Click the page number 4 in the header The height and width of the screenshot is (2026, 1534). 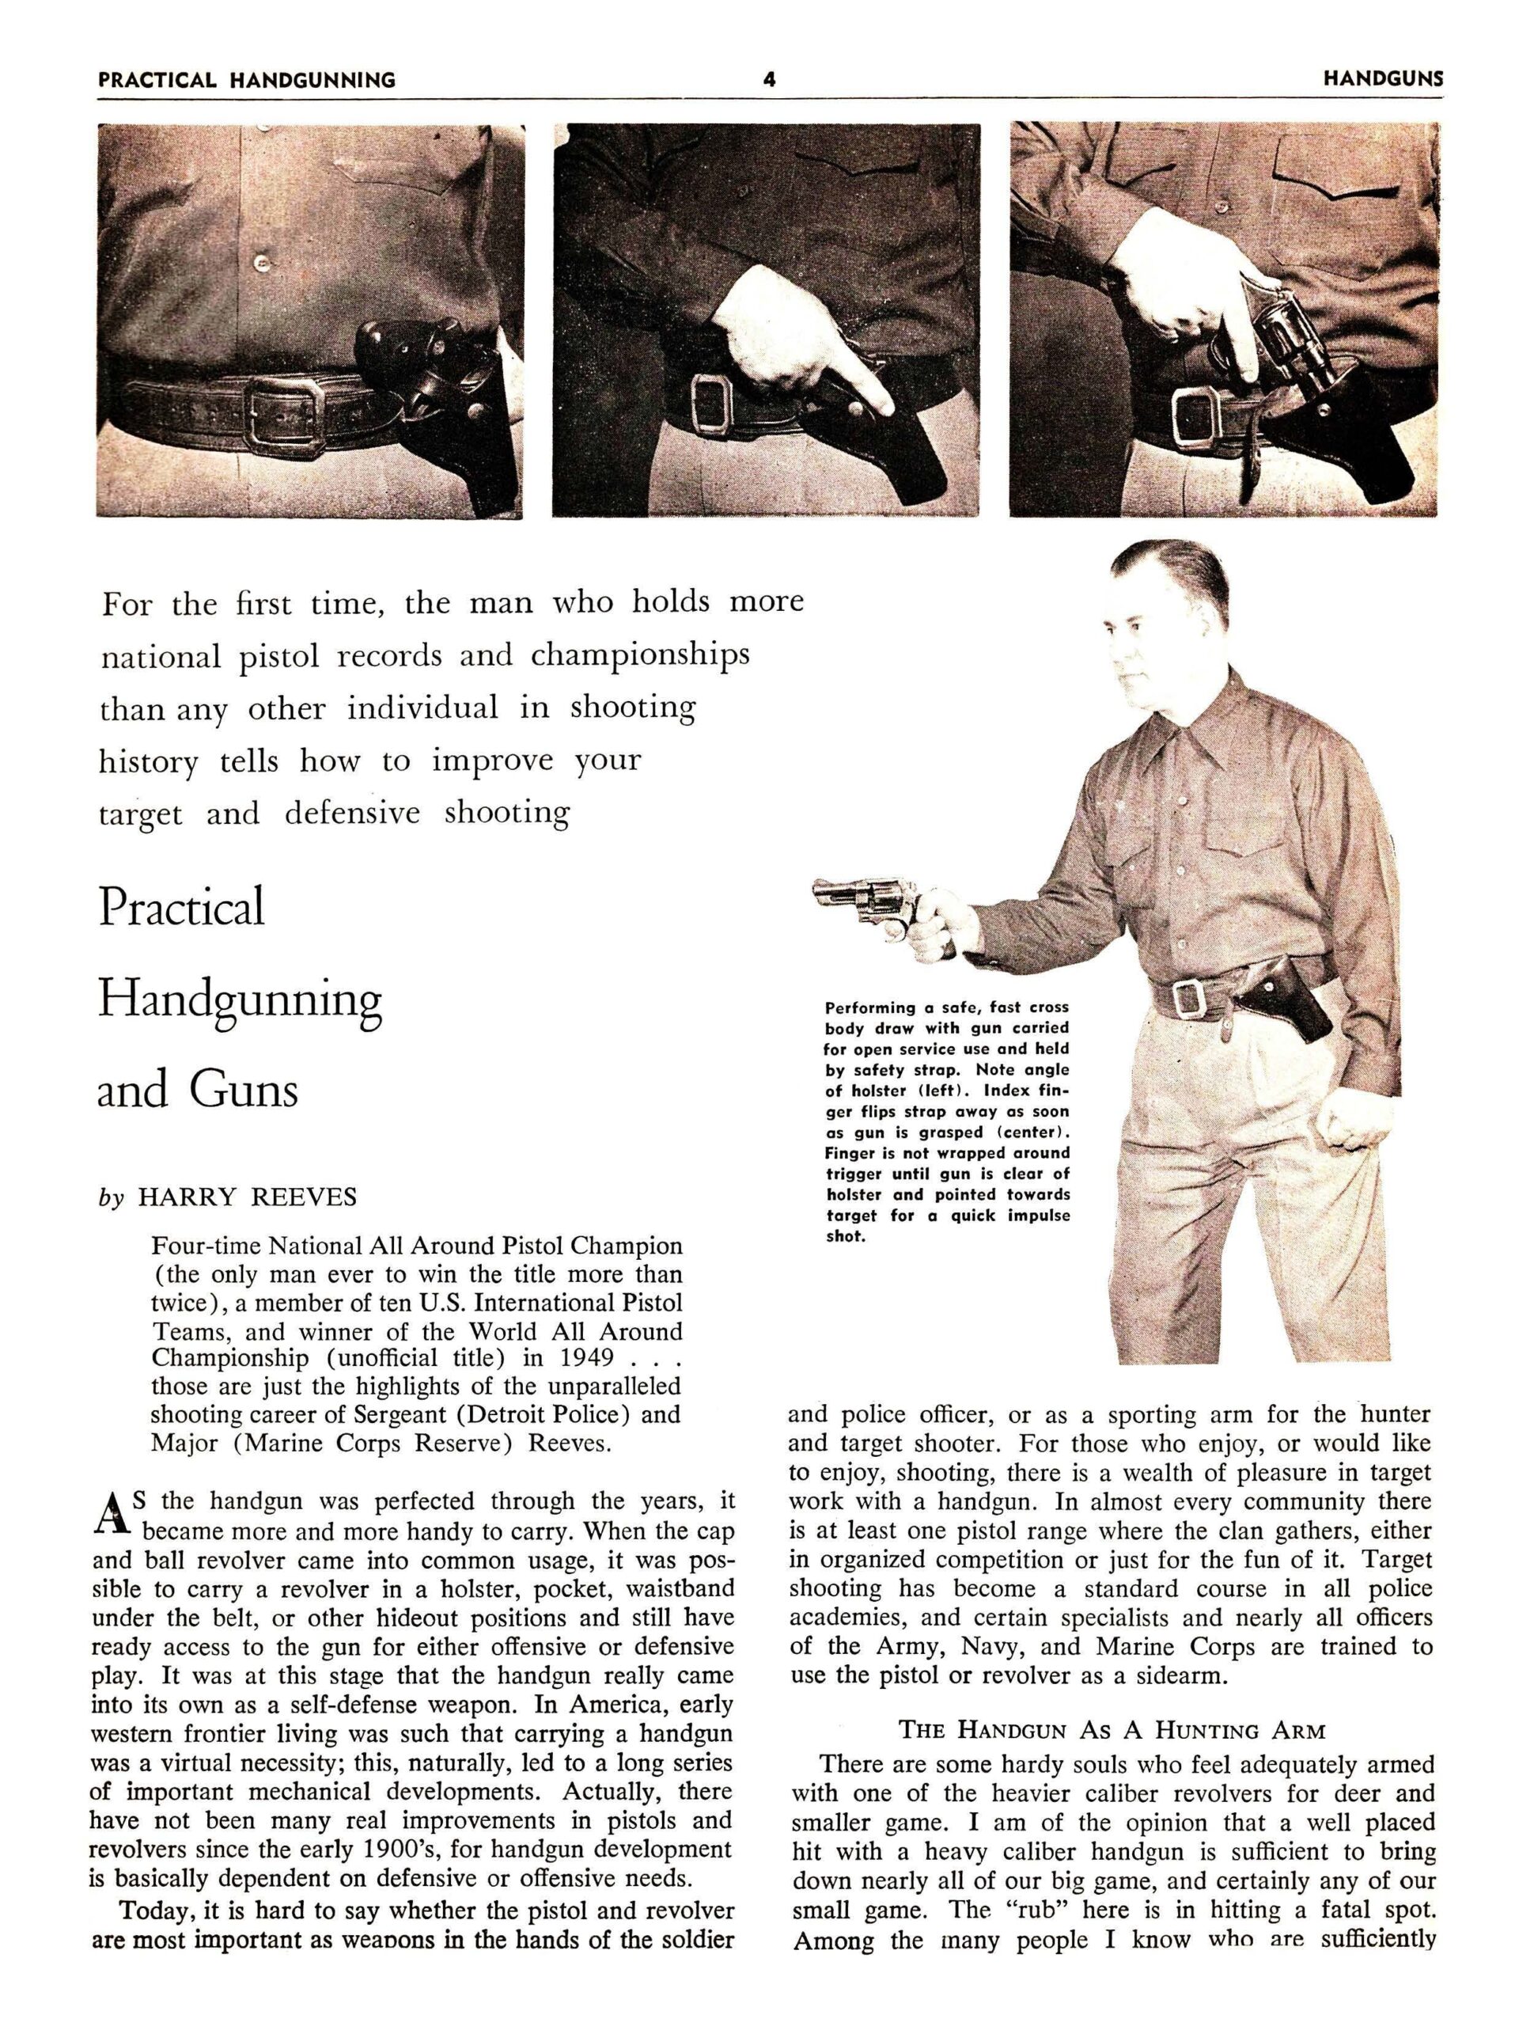pyautogui.click(x=769, y=80)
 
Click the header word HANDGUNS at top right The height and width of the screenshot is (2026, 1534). pyautogui.click(x=1382, y=79)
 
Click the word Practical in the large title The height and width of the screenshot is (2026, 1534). pyautogui.click(x=181, y=906)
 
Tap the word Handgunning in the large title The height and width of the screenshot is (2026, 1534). pyautogui.click(x=239, y=1000)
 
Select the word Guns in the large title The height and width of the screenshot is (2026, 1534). pyautogui.click(x=244, y=1089)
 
